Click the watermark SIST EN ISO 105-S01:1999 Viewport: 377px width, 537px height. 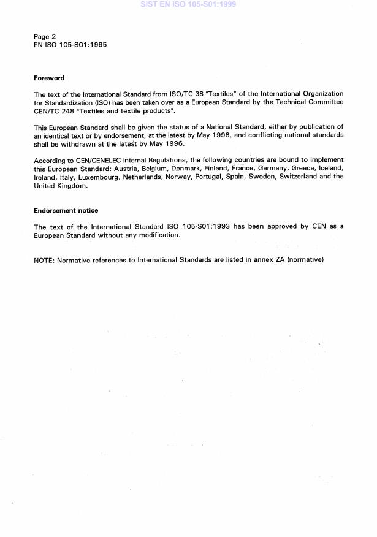pyautogui.click(x=188, y=4)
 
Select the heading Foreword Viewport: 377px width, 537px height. pyautogui.click(x=49, y=78)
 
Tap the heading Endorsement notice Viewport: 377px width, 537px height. pyautogui.click(x=66, y=211)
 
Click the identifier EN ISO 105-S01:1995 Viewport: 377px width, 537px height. pyautogui.click(x=70, y=45)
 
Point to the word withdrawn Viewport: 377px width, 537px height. pyautogui.click(x=76, y=144)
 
